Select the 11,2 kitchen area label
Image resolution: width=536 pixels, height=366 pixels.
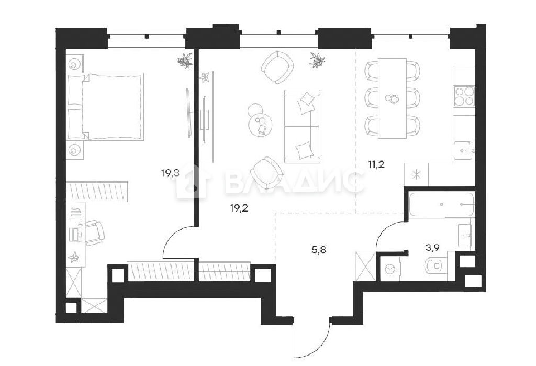[x=376, y=165]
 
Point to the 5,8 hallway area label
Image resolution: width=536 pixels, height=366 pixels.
[x=319, y=250]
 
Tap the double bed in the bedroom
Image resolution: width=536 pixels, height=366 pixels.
[x=105, y=106]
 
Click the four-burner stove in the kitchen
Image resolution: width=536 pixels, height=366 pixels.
[x=464, y=96]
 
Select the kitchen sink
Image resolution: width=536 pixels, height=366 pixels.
[x=464, y=150]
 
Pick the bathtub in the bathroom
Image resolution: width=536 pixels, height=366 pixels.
[x=442, y=204]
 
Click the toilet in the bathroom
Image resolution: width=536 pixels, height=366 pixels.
[x=437, y=265]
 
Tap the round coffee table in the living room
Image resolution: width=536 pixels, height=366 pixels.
[x=262, y=125]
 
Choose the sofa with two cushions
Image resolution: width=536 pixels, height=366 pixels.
[x=302, y=127]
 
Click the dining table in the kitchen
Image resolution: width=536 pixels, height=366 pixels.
[x=393, y=98]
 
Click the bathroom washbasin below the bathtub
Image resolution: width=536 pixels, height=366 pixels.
[x=464, y=235]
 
